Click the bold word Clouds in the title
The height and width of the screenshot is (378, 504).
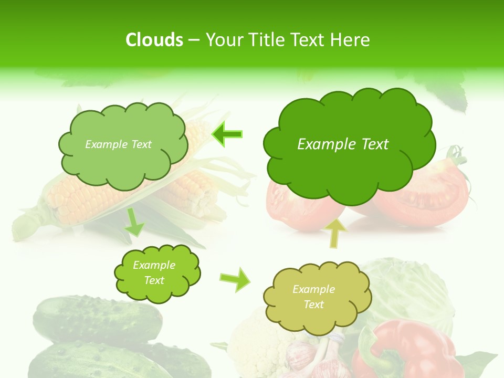[154, 40]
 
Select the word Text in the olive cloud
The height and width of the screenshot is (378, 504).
[313, 304]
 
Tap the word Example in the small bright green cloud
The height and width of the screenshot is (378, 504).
[154, 265]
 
